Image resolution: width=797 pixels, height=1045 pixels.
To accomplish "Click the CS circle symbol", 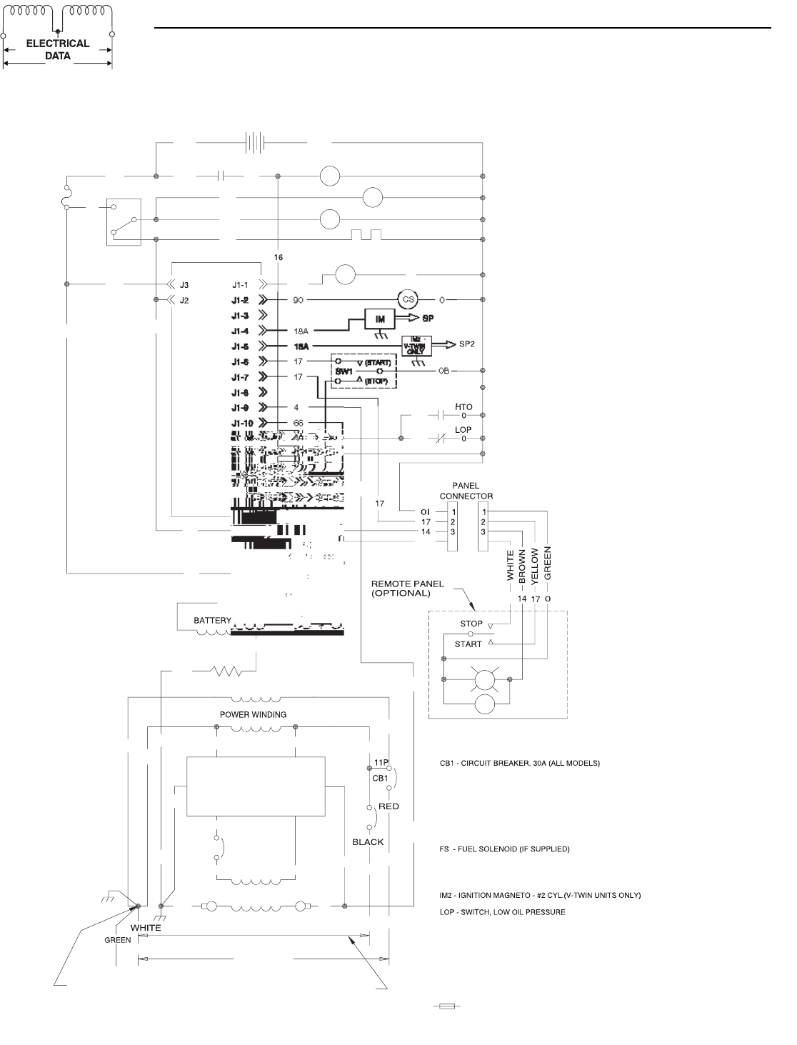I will (405, 301).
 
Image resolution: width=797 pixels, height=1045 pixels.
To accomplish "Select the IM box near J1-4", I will (382, 319).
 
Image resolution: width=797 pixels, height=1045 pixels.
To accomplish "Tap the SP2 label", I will (468, 344).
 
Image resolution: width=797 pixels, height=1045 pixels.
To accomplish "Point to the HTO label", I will (463, 407).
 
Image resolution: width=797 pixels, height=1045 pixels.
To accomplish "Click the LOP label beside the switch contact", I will (463, 430).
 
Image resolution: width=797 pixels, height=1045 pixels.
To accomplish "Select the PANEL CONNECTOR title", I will (466, 491).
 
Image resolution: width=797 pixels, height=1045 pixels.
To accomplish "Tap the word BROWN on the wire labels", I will (523, 564).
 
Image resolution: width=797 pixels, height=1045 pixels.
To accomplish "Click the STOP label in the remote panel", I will (471, 624).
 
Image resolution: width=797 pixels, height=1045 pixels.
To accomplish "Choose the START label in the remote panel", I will (468, 644).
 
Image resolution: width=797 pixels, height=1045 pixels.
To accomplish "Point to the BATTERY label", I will (213, 621).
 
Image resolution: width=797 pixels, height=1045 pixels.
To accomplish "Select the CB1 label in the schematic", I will (379, 778).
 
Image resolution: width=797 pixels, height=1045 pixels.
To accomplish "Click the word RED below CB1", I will (389, 806).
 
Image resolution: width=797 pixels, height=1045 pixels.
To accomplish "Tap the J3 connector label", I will (184, 284).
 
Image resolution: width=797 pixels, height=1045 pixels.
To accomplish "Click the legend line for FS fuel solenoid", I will (504, 849).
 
